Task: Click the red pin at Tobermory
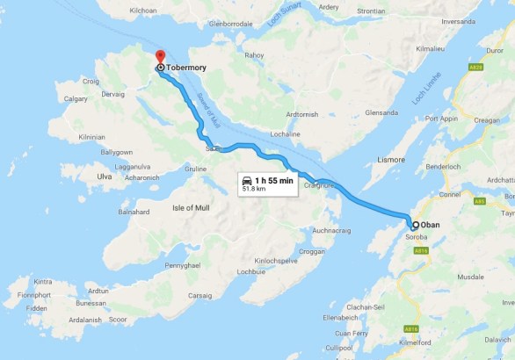click(x=159, y=57)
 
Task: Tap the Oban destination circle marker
click(x=415, y=225)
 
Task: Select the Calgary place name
click(x=76, y=99)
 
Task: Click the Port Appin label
click(x=441, y=119)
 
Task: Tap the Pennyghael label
click(x=186, y=264)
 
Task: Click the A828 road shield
click(x=476, y=67)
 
